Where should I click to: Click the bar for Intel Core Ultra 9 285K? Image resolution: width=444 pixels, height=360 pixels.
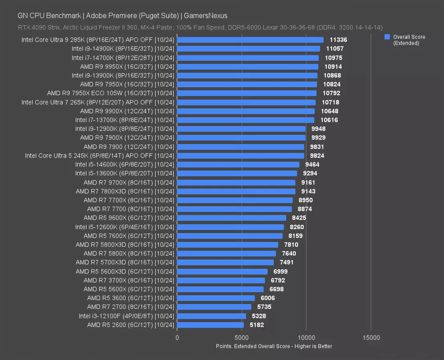pyautogui.click(x=250, y=40)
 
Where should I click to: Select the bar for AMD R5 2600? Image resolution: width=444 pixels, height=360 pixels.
pyautogui.click(x=210, y=325)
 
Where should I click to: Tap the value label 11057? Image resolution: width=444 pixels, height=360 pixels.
pyautogui.click(x=334, y=49)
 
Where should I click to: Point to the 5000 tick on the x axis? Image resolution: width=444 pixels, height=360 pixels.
pyautogui.click(x=241, y=338)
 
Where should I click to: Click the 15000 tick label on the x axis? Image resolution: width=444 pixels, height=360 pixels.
pyautogui.click(x=371, y=338)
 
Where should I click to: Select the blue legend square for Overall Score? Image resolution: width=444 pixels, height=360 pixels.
pyautogui.click(x=387, y=37)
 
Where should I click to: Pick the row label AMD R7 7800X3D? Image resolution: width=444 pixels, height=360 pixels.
pyautogui.click(x=125, y=191)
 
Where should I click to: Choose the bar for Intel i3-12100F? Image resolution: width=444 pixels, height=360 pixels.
pyautogui.click(x=211, y=316)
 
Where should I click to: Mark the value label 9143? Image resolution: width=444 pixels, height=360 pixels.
pyautogui.click(x=308, y=191)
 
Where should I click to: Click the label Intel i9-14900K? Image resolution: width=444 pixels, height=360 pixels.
pyautogui.click(x=123, y=49)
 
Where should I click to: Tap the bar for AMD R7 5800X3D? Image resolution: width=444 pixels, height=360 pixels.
pyautogui.click(x=227, y=245)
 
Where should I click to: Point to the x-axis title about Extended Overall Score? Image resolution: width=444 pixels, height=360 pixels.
pyautogui.click(x=274, y=346)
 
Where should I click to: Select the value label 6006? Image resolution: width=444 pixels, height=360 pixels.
pyautogui.click(x=268, y=298)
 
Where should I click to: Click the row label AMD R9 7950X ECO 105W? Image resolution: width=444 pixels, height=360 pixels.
pyautogui.click(x=110, y=93)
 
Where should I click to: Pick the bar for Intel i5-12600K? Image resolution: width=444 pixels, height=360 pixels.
pyautogui.click(x=230, y=227)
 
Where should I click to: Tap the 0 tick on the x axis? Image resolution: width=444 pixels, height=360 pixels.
pyautogui.click(x=177, y=338)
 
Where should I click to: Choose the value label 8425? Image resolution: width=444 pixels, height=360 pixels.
pyautogui.click(x=299, y=218)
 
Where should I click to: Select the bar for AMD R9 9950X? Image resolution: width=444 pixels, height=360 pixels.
pyautogui.click(x=247, y=67)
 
